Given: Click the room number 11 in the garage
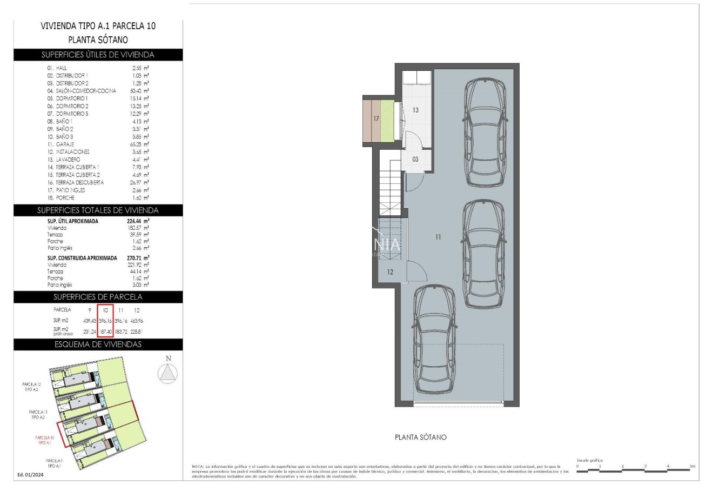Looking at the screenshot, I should [438, 237].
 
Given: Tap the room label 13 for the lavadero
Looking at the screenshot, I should [415, 110].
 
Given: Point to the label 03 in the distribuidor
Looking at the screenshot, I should [415, 160].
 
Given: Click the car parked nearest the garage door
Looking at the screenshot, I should [435, 341].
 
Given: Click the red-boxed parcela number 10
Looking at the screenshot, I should [106, 310].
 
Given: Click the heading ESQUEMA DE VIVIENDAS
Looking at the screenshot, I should [98, 344].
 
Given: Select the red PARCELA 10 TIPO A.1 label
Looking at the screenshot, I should [45, 439].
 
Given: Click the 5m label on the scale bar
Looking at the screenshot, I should [692, 466].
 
